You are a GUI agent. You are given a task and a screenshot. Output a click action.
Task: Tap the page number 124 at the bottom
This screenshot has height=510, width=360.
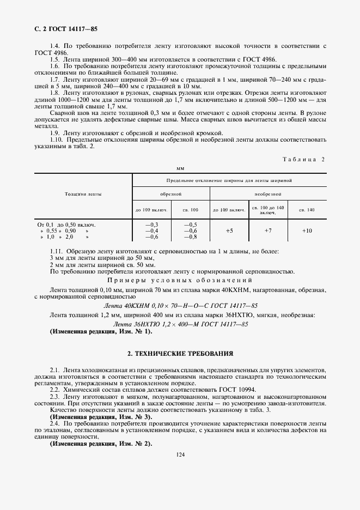pyautogui.click(x=180, y=455)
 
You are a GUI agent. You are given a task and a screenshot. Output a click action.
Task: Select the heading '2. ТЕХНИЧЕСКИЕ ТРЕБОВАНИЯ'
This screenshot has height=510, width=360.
pyautogui.click(x=180, y=354)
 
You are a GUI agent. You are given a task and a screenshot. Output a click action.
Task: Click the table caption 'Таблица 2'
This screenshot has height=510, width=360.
pyautogui.click(x=303, y=159)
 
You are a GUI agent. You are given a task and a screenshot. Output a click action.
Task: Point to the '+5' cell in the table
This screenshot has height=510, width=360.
pyautogui.click(x=229, y=231)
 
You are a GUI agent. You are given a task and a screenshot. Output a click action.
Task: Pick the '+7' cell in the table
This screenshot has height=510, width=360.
pyautogui.click(x=267, y=231)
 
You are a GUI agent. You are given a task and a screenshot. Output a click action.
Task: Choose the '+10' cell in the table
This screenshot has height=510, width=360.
pyautogui.click(x=307, y=231)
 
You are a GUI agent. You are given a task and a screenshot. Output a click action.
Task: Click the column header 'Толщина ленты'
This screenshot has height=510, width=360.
pyautogui.click(x=83, y=193)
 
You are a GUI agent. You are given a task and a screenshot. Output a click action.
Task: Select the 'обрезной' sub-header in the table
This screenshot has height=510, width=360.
pyautogui.click(x=170, y=193)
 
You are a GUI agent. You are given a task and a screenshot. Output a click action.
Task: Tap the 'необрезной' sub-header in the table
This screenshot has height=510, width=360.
pyautogui.click(x=267, y=193)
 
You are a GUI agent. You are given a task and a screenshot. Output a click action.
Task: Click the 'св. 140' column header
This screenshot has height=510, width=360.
pyautogui.click(x=307, y=209)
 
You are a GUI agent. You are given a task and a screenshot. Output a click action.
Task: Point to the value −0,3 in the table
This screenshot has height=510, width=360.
pyautogui.click(x=151, y=224)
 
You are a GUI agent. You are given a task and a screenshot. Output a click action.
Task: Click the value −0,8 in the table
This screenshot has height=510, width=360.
pyautogui.click(x=191, y=237)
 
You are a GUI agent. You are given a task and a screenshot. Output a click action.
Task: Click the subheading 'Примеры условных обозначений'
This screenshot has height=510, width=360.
pyautogui.click(x=180, y=280)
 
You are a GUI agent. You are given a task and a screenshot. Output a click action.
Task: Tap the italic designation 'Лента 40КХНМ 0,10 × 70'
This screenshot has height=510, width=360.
pyautogui.click(x=180, y=305)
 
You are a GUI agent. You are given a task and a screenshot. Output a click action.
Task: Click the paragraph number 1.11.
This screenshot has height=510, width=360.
pyautogui.click(x=57, y=251)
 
